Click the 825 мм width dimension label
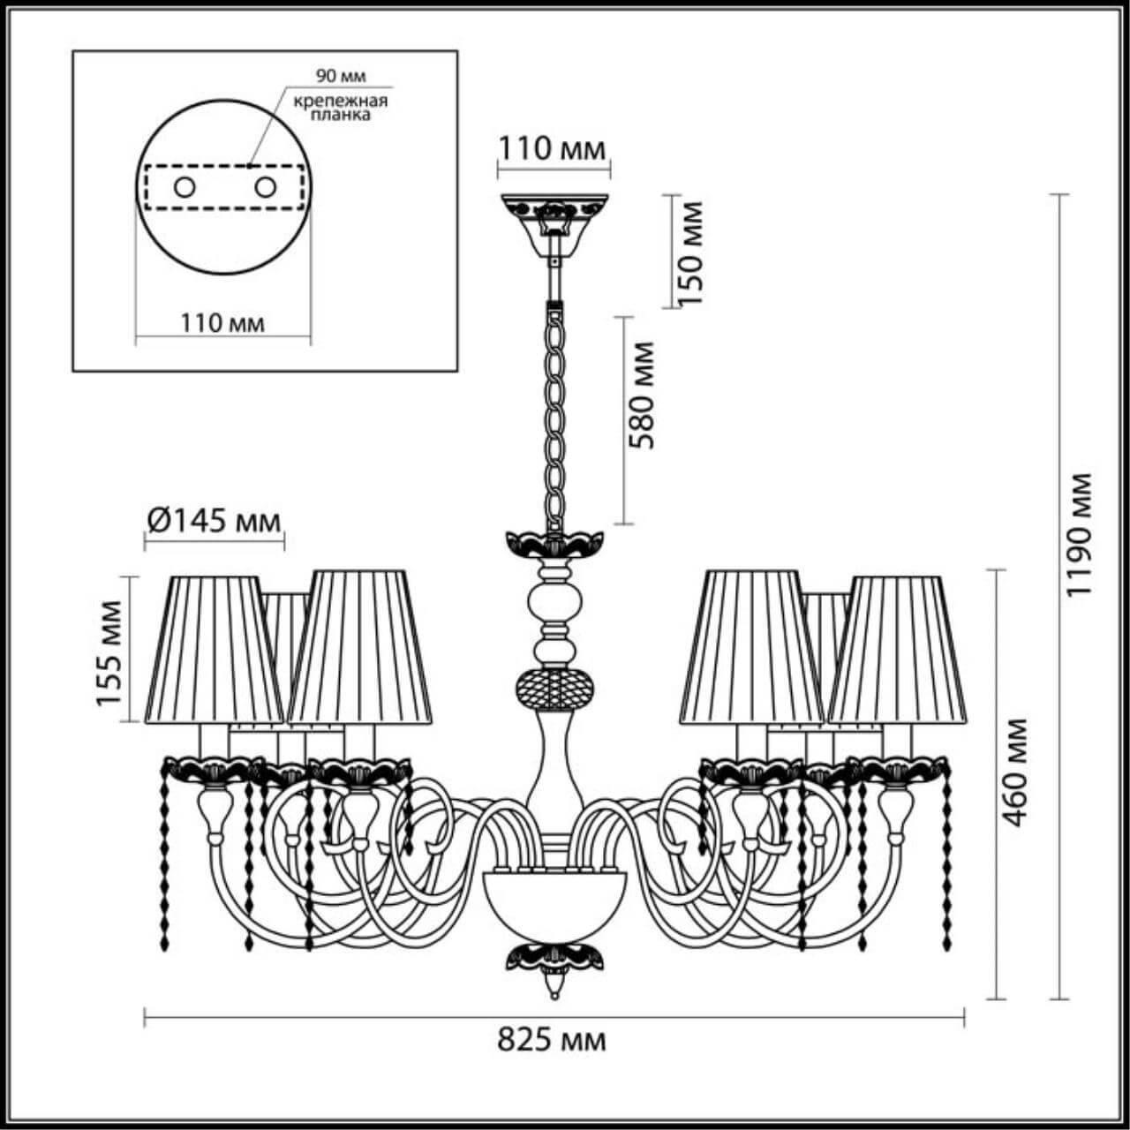(x=552, y=1040)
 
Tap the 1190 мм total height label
(x=1079, y=534)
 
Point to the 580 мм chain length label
(x=644, y=395)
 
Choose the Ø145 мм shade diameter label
(x=213, y=521)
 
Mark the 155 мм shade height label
(x=109, y=652)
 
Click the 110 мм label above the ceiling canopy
(x=554, y=148)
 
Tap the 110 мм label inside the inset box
(x=222, y=322)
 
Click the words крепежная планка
(x=341, y=108)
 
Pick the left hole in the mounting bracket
(x=185, y=187)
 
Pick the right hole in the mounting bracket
(x=264, y=187)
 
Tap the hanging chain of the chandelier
(x=554, y=415)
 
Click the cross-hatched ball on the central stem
(x=554, y=688)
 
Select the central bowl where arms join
(x=554, y=900)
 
